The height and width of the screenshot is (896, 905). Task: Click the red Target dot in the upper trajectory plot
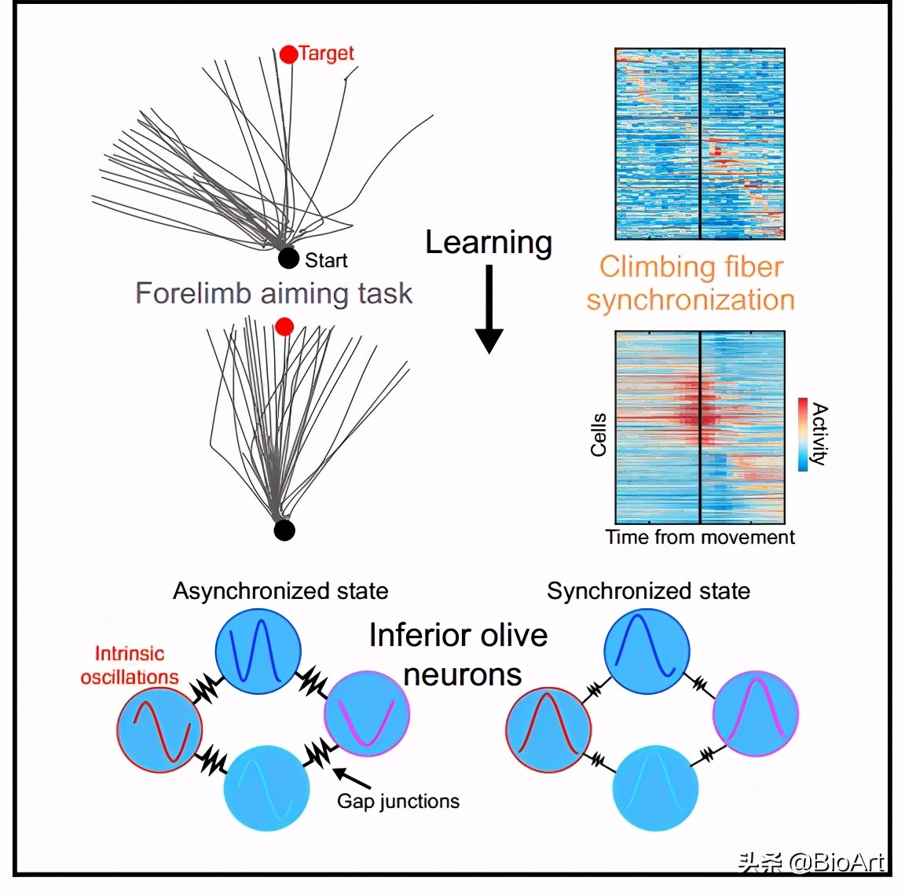[x=288, y=53]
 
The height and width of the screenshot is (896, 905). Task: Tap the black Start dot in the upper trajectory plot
[x=288, y=258]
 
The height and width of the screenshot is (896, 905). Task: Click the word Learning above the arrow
[x=488, y=242]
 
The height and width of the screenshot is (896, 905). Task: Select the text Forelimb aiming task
[x=273, y=293]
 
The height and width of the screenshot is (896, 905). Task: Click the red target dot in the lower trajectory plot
[x=284, y=326]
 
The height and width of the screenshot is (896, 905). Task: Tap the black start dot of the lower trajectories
[x=284, y=531]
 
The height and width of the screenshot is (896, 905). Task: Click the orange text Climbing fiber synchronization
[x=691, y=284]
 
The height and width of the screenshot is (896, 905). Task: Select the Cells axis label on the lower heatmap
[x=599, y=434]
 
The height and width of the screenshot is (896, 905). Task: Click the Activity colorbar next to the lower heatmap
[x=803, y=434]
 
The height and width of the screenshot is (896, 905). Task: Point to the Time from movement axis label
[x=699, y=537]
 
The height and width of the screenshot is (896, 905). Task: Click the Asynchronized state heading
[x=280, y=591]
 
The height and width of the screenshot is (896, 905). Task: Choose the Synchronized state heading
[x=648, y=591]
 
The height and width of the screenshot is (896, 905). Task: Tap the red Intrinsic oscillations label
[x=129, y=665]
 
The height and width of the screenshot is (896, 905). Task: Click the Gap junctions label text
[x=398, y=801]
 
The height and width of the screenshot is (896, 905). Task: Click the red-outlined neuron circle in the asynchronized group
[x=159, y=730]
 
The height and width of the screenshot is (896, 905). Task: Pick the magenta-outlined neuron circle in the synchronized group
[x=755, y=713]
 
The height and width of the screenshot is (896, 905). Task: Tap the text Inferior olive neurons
[x=459, y=654]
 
